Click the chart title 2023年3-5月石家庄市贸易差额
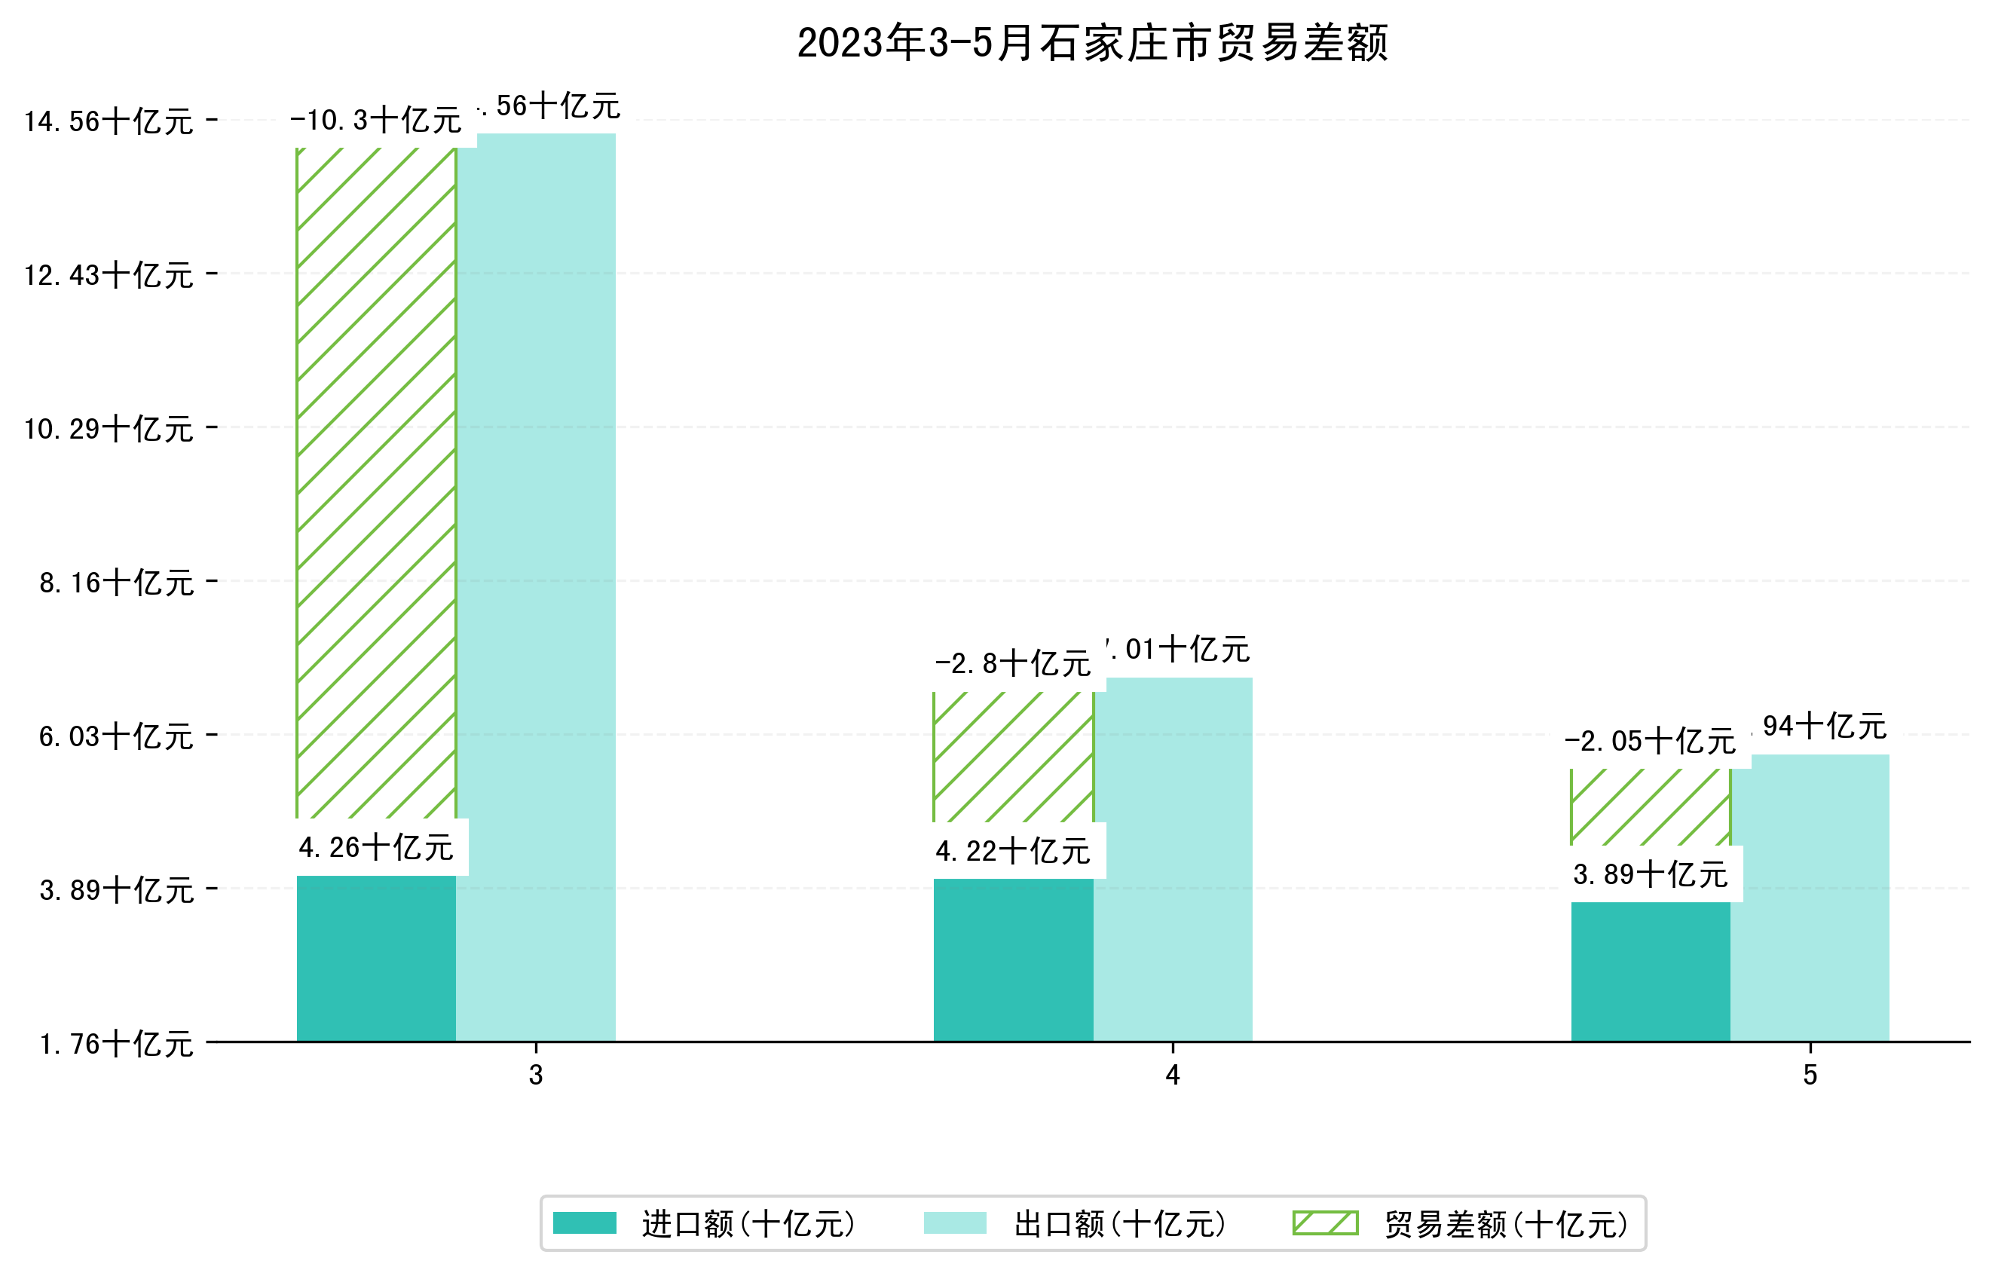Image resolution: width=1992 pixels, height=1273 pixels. pyautogui.click(x=1092, y=43)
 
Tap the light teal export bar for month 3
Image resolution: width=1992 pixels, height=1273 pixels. pyautogui.click(x=536, y=587)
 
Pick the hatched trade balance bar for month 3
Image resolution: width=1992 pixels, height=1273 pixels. pyautogui.click(x=376, y=484)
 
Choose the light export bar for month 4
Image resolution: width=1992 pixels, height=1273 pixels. pyautogui.click(x=1173, y=860)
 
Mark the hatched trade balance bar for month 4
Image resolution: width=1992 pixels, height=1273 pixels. pyautogui.click(x=1014, y=757)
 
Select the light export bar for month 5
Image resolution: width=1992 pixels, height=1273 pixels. pyautogui.click(x=1810, y=898)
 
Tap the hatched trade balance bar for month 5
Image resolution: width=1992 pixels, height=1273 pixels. pyautogui.click(x=1651, y=806)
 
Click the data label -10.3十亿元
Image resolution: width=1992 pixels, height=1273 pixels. pyautogui.click(x=375, y=121)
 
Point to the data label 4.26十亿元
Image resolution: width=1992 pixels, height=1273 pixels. pyautogui.click(x=376, y=848)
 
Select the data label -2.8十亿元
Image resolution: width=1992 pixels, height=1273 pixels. pyautogui.click(x=1012, y=663)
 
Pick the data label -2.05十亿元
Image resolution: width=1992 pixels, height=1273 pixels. pyautogui.click(x=1650, y=741)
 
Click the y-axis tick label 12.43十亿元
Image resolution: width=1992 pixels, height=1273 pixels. pyautogui.click(x=109, y=275)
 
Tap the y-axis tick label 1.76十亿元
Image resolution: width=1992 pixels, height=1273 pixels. pyautogui.click(x=116, y=1044)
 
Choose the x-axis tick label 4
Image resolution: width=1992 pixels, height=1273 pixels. pyautogui.click(x=1172, y=1076)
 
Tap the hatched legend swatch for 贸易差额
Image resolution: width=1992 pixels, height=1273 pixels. pyautogui.click(x=1325, y=1223)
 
